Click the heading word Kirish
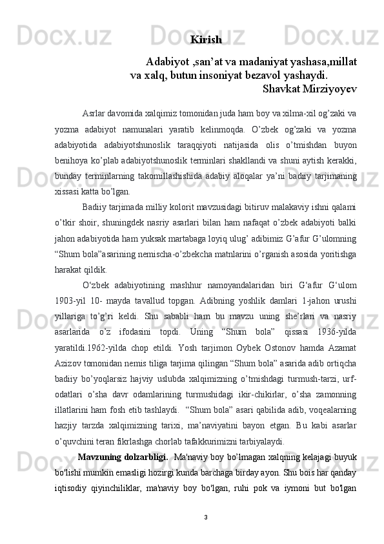point(207,40)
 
